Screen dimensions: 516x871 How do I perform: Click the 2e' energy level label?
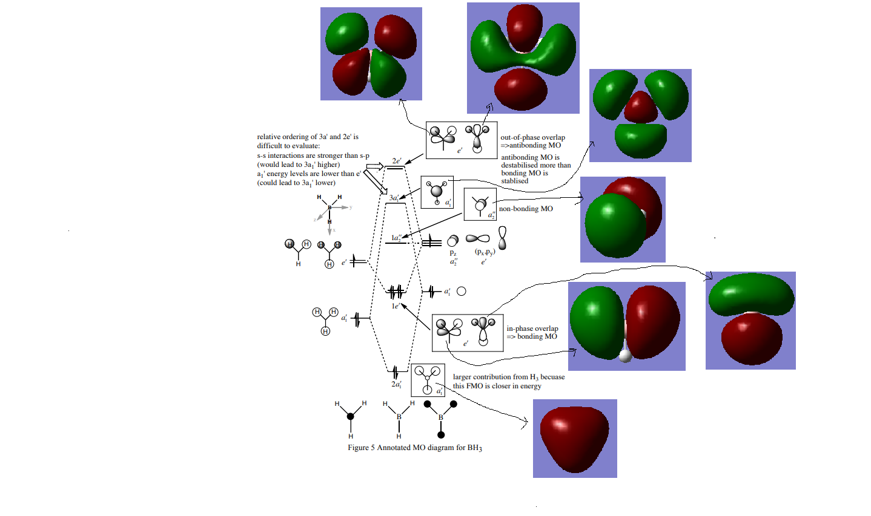point(397,161)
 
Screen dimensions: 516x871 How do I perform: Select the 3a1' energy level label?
point(394,198)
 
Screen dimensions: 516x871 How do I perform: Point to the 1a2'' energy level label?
point(396,238)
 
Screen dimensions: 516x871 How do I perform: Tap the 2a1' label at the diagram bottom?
point(396,384)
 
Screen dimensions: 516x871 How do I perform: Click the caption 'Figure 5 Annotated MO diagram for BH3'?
point(415,448)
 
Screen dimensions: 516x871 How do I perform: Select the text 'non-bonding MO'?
point(526,209)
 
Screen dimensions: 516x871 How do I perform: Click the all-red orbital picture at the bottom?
point(575,439)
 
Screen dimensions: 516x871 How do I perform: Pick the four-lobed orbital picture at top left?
point(371,54)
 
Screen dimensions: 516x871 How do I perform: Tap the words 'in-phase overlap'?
point(532,328)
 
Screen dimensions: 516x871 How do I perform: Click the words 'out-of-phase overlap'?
point(532,137)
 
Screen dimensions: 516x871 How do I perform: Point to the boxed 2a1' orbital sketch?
point(428,380)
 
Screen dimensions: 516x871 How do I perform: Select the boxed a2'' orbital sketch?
point(480,204)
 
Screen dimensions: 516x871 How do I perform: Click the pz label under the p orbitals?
point(453,253)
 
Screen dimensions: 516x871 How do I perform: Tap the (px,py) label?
point(485,252)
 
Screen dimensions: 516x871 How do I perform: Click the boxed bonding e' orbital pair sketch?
point(467,333)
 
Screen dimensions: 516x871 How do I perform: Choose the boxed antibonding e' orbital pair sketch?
point(462,140)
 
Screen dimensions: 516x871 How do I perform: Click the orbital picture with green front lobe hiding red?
point(623,220)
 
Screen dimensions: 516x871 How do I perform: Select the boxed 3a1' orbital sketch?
point(437,192)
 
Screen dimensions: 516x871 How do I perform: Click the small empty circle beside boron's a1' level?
point(462,292)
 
